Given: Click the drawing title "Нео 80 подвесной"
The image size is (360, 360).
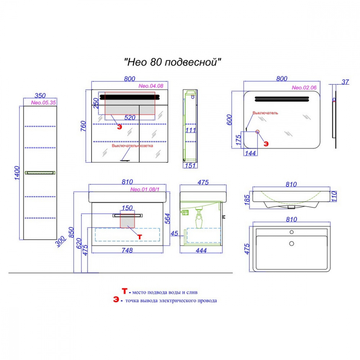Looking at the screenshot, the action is coord(172,62).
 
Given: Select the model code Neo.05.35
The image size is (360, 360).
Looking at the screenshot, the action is coord(44,103).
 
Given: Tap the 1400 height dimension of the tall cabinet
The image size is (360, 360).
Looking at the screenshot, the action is coord(17,173).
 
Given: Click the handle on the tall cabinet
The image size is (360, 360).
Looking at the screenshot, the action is coord(40,173).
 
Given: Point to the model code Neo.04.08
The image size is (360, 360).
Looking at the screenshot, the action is coord(151,86).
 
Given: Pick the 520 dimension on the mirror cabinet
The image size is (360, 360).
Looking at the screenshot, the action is coord(130,118).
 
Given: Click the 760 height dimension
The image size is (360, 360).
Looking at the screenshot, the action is coord(83,126).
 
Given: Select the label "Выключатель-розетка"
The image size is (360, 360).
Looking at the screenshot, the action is coord(132,145).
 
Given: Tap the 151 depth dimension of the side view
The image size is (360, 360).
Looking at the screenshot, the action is coord(190,166).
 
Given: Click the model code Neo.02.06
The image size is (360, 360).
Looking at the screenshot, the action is coord(304,87).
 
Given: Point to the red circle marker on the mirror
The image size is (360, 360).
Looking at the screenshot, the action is coord(257,131).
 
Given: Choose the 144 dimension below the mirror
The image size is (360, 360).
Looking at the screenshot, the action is coord(250,153).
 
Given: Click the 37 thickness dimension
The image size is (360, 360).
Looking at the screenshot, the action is coord(345,82).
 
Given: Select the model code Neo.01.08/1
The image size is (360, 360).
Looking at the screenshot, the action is coord(145,189).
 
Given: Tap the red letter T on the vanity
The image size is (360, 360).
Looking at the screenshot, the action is coord(140,237).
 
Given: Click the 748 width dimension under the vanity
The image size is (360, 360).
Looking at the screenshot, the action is coord(127,250).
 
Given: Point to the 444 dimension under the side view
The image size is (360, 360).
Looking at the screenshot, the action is coord(201,251).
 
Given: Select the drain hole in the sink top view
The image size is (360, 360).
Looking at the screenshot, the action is coord(292,243).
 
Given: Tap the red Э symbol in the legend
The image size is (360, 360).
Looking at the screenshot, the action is coord(116,300).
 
